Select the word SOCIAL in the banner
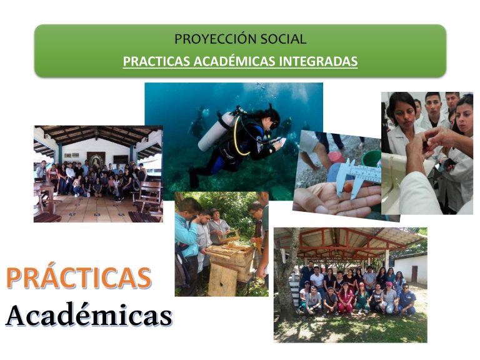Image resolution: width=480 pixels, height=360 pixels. [x=283, y=39]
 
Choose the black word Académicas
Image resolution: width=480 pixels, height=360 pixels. [x=89, y=314]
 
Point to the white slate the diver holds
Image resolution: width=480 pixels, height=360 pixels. [x=281, y=141]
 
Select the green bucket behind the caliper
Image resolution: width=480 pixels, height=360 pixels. [x=371, y=158]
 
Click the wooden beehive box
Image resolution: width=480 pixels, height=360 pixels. [x=231, y=259]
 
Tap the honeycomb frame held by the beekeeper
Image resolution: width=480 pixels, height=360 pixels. [x=229, y=236]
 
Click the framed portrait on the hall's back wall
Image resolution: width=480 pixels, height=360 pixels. [x=96, y=160]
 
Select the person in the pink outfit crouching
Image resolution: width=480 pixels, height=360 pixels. [x=345, y=299]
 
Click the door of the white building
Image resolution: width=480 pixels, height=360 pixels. [x=414, y=274]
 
